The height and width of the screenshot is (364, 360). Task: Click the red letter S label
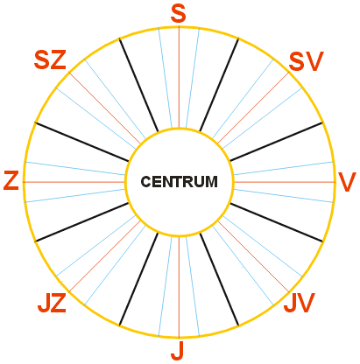pos(178,14)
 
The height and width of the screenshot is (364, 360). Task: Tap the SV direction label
pos(306,61)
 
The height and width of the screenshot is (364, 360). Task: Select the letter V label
pos(347,182)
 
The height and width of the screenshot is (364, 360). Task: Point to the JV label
pos(300,303)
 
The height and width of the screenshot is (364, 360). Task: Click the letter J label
pos(177,350)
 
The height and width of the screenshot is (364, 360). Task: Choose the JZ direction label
pos(52,303)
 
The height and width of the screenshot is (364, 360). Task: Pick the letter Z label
pos(11,181)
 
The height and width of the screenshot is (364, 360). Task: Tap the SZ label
pos(50,59)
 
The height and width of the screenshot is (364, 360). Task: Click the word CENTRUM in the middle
pos(179,182)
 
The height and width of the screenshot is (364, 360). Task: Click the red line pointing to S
pos(179,77)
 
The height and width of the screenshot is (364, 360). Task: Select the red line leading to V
pos(285,182)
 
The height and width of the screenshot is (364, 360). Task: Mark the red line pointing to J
pos(179,287)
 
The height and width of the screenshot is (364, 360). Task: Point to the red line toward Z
pos(74,182)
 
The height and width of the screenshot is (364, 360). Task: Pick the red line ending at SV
pos(253,108)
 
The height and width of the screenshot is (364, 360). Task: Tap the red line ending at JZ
pos(104,256)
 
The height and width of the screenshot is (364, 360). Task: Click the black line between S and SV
pos(219,85)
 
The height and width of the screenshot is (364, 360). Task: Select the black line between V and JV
pos(277,222)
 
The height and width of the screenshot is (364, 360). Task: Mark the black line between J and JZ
pos(138,279)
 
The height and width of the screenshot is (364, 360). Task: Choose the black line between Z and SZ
pos(81,142)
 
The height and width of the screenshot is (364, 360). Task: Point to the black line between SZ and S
pos(138,85)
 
